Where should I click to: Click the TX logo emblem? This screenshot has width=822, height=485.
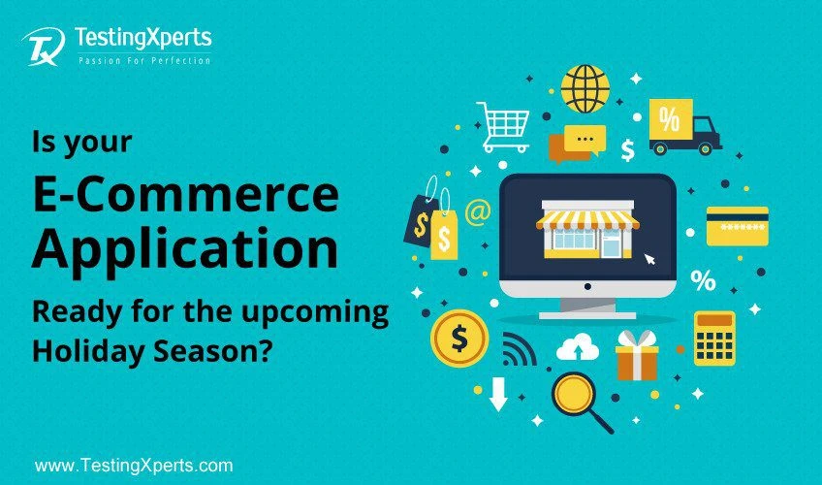pos(44,47)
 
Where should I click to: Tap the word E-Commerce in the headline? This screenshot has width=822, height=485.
pos(185,195)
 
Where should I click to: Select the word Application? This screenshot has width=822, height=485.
pos(185,248)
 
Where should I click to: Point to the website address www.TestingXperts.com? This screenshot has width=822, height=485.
pos(134,466)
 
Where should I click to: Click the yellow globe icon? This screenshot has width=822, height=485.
pos(585,88)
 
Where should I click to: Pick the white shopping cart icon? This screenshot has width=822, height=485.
pos(503,127)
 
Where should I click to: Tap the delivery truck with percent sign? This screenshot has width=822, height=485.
pos(684,127)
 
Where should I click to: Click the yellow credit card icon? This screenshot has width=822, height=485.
pos(737,226)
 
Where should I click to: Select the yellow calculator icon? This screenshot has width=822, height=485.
pos(714,339)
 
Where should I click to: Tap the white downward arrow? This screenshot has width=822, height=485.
pos(498,394)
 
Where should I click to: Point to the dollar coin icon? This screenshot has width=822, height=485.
pos(459,339)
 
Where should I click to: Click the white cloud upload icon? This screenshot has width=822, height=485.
pos(578,347)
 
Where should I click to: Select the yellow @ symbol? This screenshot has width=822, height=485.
pos(478,211)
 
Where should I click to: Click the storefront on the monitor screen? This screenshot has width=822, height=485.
pos(587,229)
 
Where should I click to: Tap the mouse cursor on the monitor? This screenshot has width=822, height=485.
pos(649,259)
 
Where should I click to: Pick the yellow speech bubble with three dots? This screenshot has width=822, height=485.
pos(585,140)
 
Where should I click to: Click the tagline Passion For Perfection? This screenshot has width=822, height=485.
pos(144,61)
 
